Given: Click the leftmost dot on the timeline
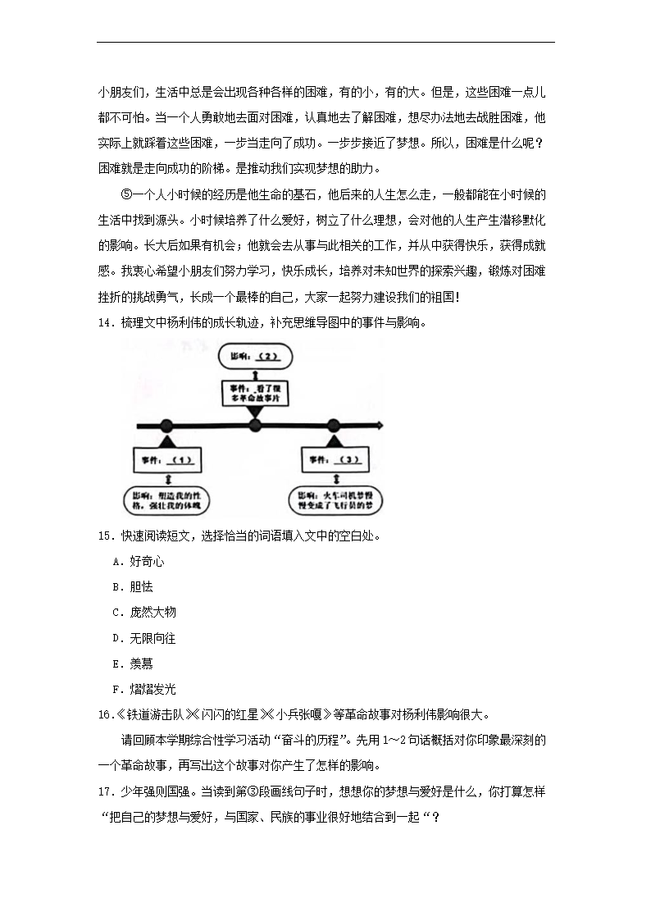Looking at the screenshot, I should tap(166, 425).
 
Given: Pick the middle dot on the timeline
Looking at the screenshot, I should tap(254, 425).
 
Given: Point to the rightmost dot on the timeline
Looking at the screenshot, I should tap(333, 425).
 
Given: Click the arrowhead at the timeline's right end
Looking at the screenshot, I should tap(379, 425).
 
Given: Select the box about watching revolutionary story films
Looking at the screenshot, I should tap(254, 391).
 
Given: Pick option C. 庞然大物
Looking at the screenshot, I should tap(143, 612).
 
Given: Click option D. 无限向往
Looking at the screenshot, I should tap(143, 637).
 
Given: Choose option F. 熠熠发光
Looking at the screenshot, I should tap(143, 688).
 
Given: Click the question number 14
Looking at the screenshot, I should tap(103, 323).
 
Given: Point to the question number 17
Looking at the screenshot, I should tap(103, 792).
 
